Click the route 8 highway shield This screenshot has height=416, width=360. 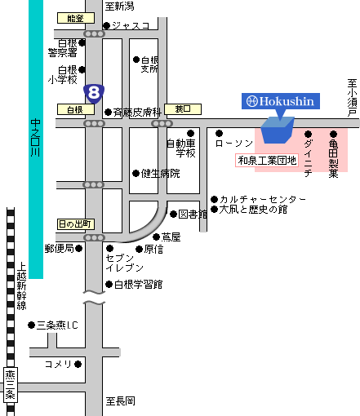tap(94, 94)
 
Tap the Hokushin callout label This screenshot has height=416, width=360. tap(281, 101)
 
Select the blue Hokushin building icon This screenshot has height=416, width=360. tap(278, 130)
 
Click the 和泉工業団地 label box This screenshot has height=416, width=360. tap(267, 161)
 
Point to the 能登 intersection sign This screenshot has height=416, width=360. tap(76, 18)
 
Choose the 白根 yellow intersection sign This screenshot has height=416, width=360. tap(76, 109)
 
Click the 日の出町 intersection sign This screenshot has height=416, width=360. tap(76, 224)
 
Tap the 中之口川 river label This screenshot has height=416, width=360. tap(35, 138)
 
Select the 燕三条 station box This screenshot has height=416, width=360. tap(11, 384)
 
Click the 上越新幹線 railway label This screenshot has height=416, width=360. tap(21, 286)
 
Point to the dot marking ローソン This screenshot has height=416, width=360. tap(219, 133)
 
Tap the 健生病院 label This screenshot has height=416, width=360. tap(160, 174)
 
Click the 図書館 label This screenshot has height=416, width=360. tap(193, 215)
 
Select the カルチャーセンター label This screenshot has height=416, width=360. tap(263, 199)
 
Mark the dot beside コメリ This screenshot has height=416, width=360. tap(78, 364)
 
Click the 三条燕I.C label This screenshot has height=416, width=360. tap(57, 325)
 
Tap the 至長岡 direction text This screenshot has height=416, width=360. tap(120, 401)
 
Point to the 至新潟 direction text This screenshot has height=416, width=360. tap(119, 7)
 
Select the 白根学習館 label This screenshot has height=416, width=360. tap(138, 285)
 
